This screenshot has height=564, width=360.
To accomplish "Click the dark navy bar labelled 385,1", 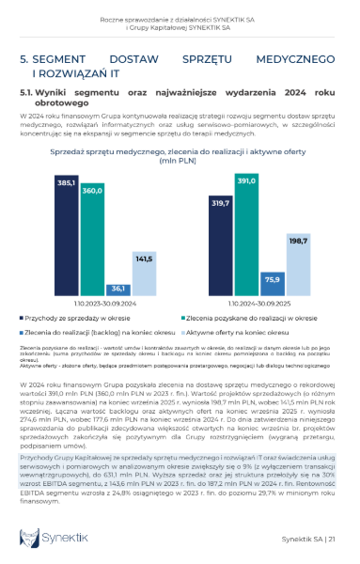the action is click(68, 236).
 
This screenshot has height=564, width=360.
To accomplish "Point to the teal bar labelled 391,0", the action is click(245, 235).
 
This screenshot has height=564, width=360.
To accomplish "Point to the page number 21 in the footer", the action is click(332, 539).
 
